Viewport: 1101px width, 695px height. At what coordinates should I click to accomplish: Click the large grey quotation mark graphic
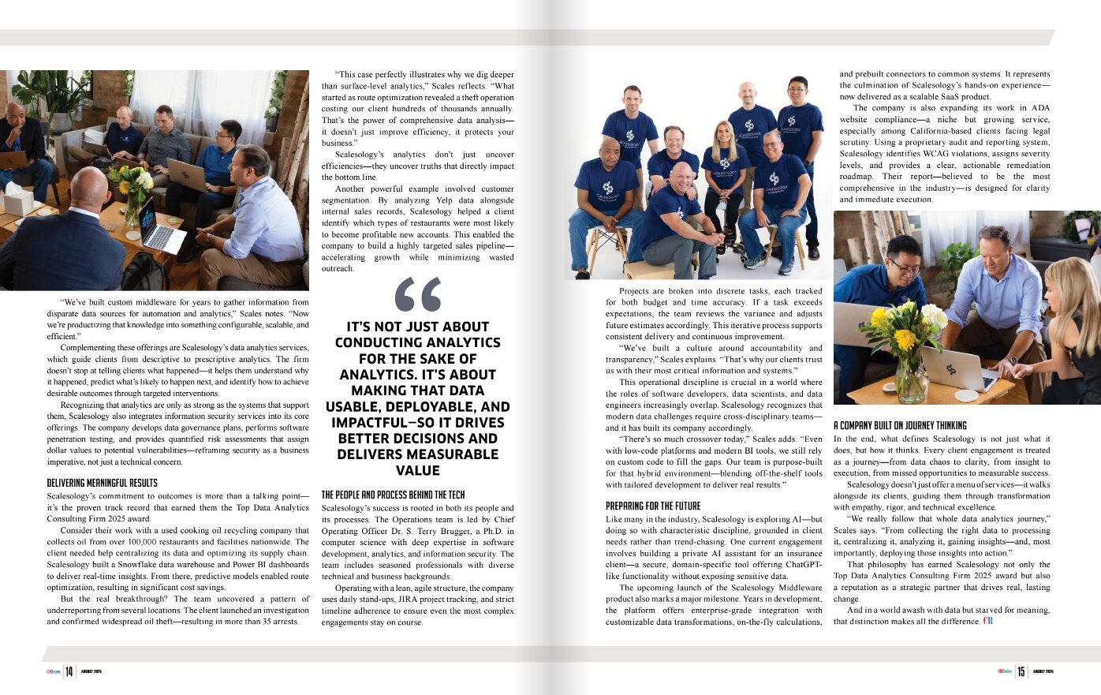coord(418,294)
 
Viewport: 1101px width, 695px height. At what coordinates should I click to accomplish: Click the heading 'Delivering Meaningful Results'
coord(102,483)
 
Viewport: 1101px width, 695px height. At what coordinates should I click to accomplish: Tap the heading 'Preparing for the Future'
coord(653,506)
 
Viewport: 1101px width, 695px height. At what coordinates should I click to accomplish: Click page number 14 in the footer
coord(69,671)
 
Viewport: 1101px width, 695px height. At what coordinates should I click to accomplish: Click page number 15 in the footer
coord(1021,671)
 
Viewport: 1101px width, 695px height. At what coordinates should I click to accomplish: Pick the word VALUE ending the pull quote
coord(418,470)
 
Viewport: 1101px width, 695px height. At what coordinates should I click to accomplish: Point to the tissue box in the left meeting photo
coord(17,199)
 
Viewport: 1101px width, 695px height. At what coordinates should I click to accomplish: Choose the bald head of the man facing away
coord(88,189)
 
